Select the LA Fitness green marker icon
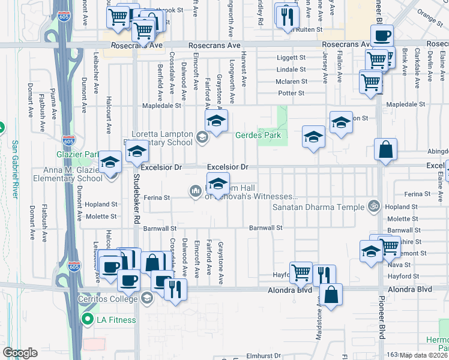tap(88, 320)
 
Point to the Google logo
tap(20, 353)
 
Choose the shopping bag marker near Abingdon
tap(385, 151)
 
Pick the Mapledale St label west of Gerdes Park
tap(161, 106)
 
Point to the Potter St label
tap(292, 93)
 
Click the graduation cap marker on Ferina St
tap(218, 183)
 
